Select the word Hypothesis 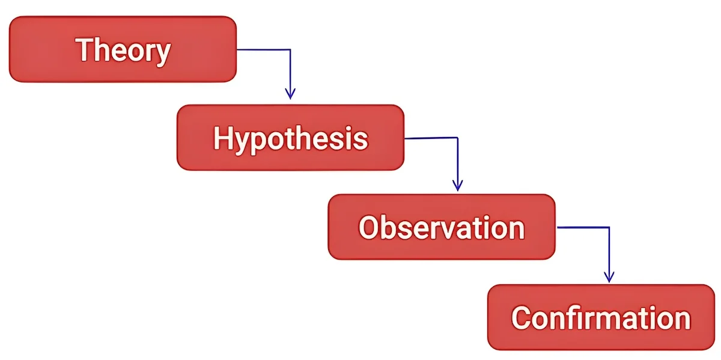point(291,139)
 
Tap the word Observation point(442,228)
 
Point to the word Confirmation point(601,318)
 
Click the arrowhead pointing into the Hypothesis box point(290,94)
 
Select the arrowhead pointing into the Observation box point(458,186)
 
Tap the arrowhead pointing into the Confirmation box point(609,277)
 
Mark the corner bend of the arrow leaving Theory point(290,50)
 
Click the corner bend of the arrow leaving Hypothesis point(458,138)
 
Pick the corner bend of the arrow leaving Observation point(609,227)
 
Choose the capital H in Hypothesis point(224,138)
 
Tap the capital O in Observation point(370,228)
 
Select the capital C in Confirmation point(522,318)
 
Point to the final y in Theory point(163,55)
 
